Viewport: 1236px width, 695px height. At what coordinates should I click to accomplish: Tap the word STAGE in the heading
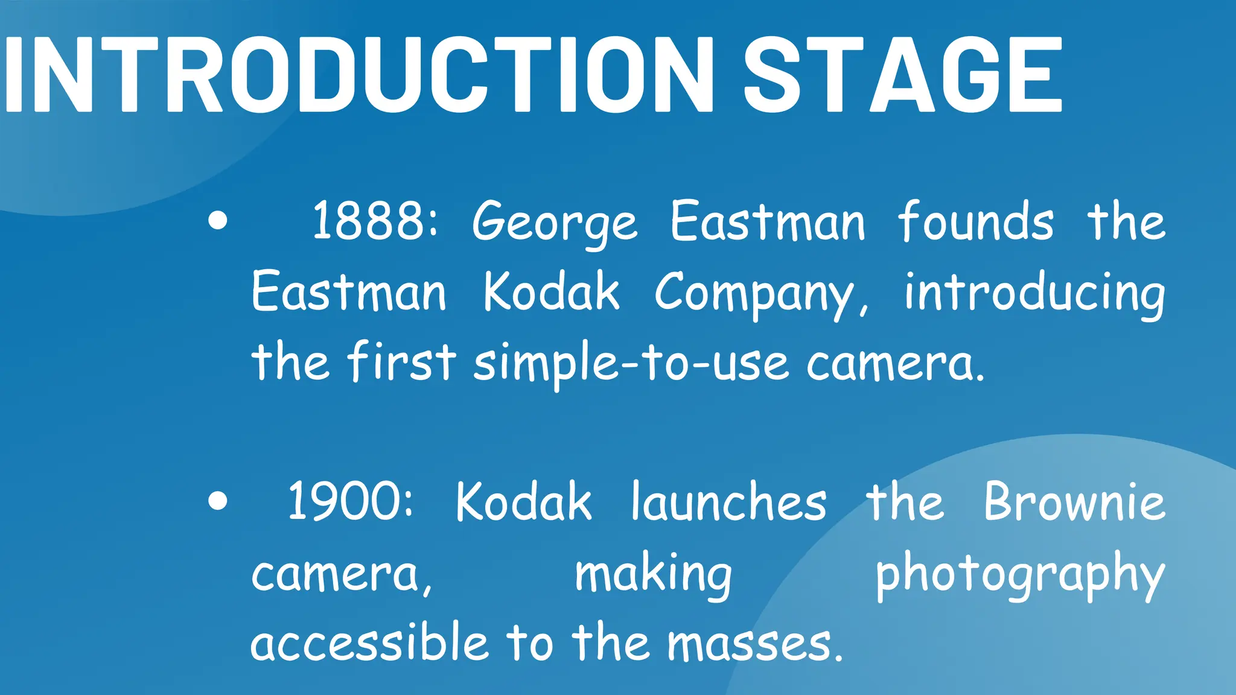coord(902,75)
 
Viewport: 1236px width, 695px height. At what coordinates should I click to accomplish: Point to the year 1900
coord(351,501)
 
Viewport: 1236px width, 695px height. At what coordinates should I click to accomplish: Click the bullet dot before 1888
coord(217,221)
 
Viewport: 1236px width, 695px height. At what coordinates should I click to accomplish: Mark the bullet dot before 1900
coord(217,501)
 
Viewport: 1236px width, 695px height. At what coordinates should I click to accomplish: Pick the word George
coord(555,223)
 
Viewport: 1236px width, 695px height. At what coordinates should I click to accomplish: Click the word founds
coord(976,221)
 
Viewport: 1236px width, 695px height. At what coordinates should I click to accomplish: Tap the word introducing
coord(1034,294)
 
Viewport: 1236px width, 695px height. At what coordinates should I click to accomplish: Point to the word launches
coord(728,502)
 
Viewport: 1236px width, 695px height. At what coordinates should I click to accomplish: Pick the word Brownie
coord(1074,502)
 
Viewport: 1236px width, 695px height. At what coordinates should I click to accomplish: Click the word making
coord(653,575)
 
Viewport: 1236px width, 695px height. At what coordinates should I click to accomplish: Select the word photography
coord(1020,575)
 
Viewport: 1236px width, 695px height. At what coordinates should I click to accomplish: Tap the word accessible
coord(369,643)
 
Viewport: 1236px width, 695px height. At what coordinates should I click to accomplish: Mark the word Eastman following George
coord(768,221)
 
